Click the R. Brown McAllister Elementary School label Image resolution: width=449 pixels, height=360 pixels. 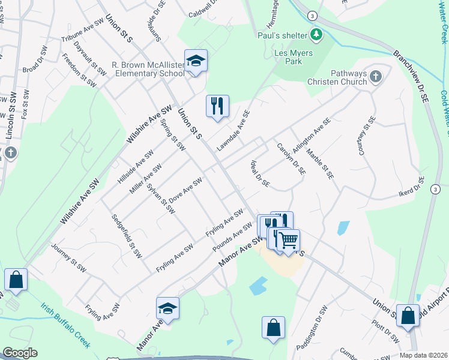[148, 69]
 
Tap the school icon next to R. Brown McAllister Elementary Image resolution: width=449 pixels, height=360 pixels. [196, 61]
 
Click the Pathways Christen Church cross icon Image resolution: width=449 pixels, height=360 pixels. [375, 77]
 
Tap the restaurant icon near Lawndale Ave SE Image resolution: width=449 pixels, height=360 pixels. [217, 107]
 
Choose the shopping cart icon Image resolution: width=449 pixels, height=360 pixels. [289, 240]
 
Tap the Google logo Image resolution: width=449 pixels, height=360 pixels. [20, 353]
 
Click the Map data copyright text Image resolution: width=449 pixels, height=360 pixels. [424, 355]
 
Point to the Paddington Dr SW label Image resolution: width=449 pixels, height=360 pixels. [313, 329]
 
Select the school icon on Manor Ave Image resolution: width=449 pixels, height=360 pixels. [167, 309]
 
